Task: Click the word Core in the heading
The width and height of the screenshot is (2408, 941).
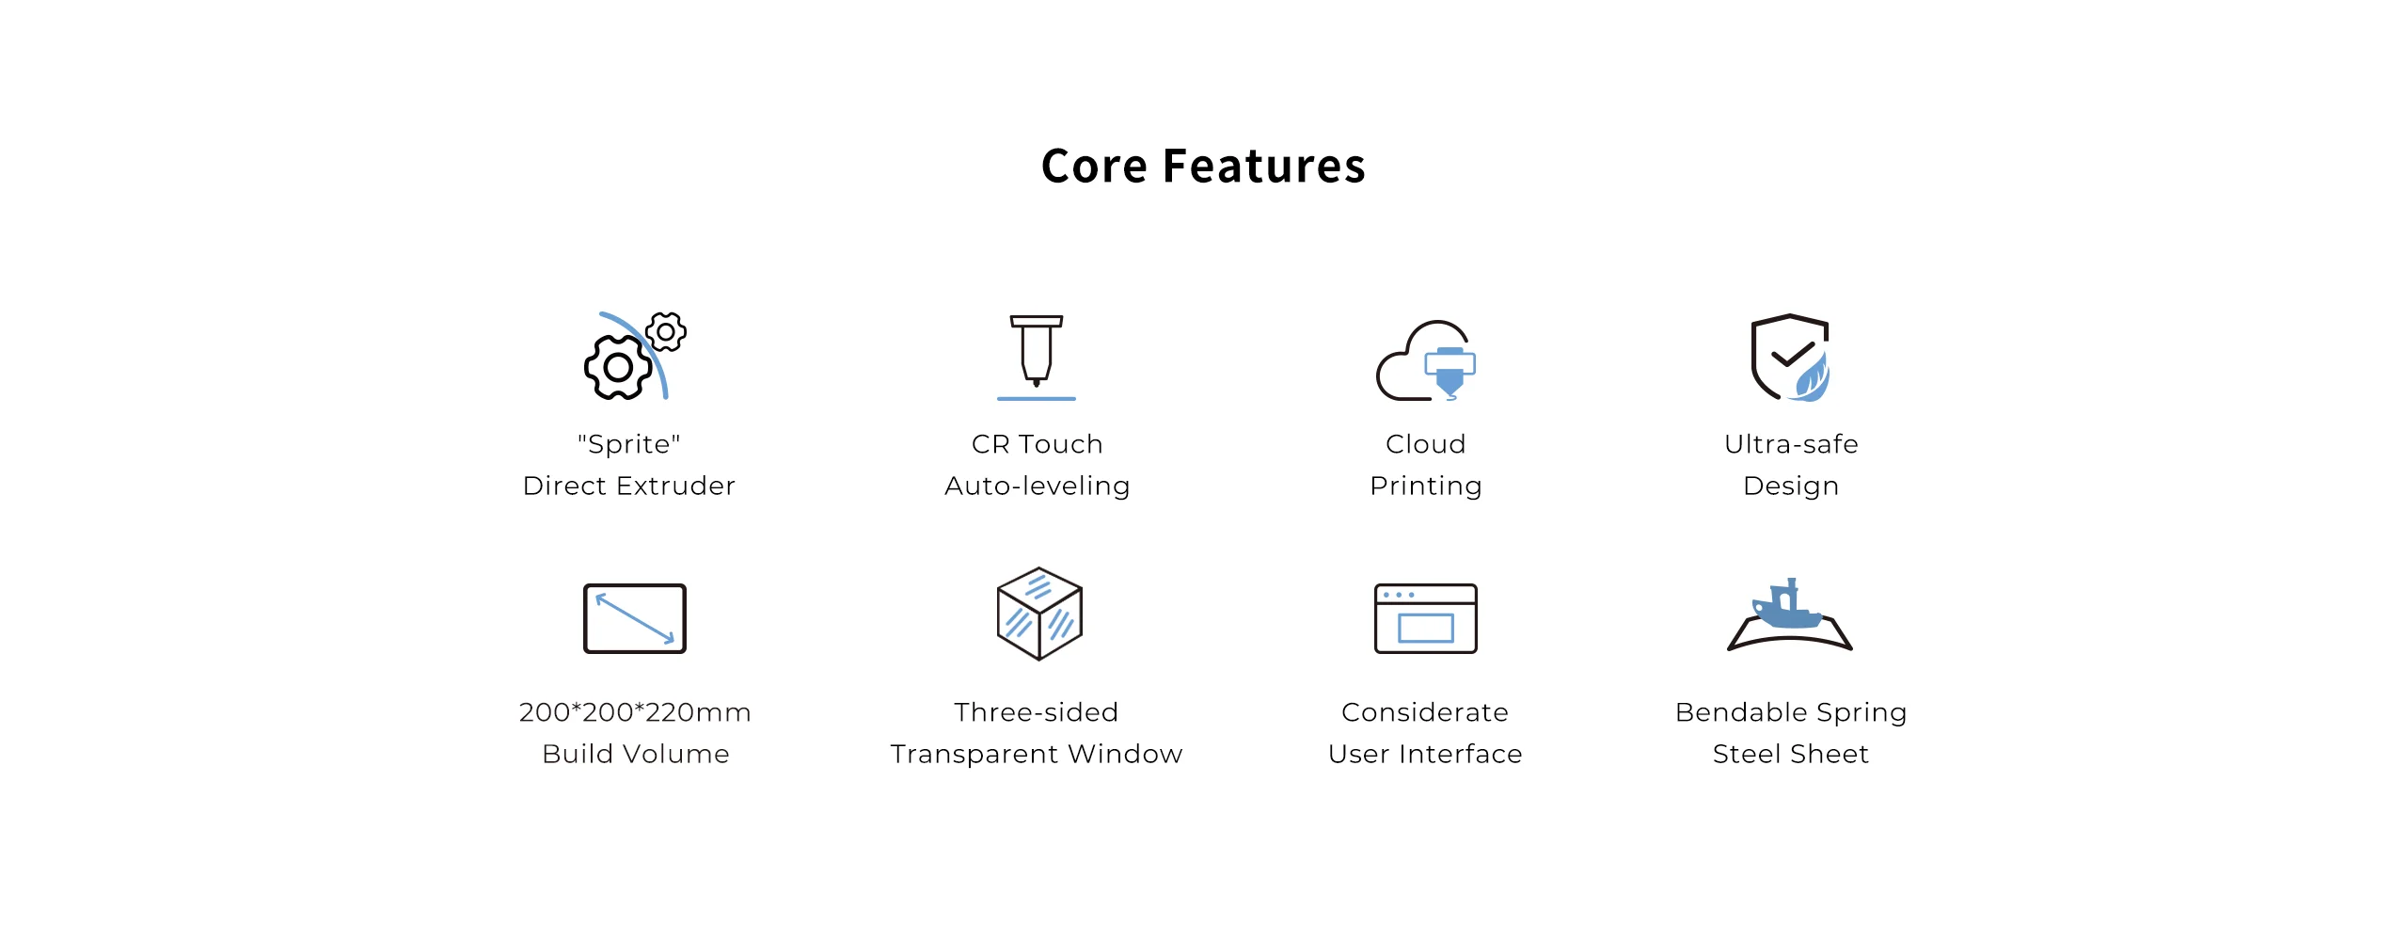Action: (1095, 167)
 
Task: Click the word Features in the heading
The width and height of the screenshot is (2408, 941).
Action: (1264, 167)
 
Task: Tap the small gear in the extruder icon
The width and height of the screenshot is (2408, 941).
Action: (666, 332)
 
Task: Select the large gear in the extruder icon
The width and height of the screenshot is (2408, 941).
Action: (618, 367)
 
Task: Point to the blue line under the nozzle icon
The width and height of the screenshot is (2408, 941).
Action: (1037, 399)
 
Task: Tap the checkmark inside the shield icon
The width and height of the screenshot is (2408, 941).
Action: (1793, 354)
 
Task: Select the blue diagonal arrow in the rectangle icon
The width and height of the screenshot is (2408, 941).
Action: (635, 619)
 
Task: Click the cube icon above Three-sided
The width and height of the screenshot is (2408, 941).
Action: (1039, 614)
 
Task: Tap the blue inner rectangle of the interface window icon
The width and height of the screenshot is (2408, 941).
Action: (1426, 628)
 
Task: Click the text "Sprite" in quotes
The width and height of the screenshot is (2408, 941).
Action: (629, 444)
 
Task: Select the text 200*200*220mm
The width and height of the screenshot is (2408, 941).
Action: (635, 712)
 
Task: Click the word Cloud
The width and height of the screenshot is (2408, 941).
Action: (1426, 444)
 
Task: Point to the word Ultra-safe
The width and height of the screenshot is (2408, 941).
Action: (1792, 444)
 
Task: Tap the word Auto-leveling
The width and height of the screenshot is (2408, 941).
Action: (1038, 486)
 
